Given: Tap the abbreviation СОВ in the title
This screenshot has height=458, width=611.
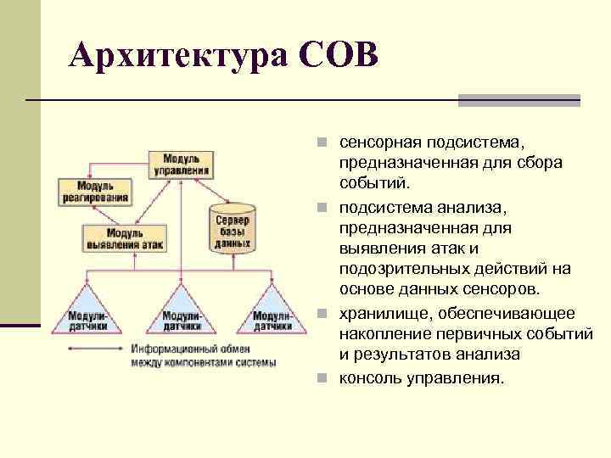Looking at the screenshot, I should [x=337, y=56].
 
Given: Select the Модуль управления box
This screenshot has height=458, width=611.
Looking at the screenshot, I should [x=180, y=165].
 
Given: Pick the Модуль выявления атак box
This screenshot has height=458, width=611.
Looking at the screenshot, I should [x=124, y=237].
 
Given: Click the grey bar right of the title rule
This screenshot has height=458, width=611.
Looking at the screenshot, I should [x=519, y=100].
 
